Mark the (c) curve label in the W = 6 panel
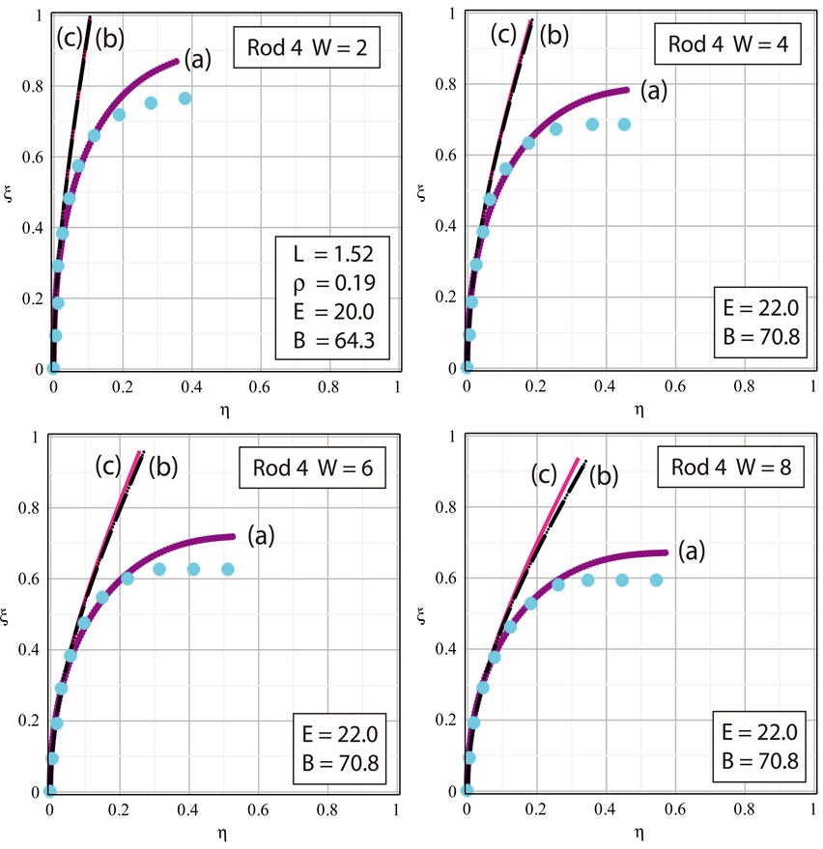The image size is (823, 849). [107, 467]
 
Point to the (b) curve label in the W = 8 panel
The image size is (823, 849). [605, 475]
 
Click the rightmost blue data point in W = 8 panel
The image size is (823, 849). [657, 580]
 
